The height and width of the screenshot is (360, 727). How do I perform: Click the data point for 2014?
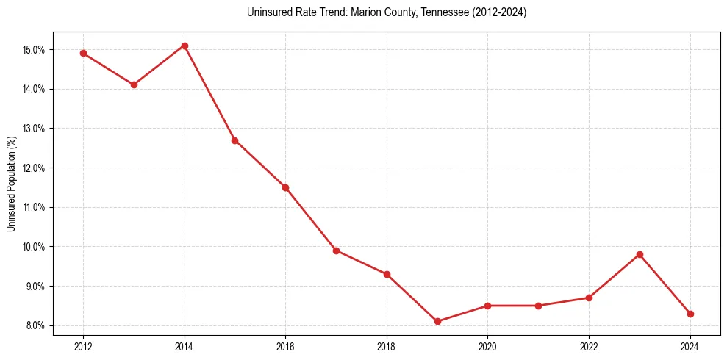[185, 46]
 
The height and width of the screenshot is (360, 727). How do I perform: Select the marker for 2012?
[83, 53]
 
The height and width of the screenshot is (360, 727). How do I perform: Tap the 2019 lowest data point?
[437, 321]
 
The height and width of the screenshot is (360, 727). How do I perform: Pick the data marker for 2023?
[640, 254]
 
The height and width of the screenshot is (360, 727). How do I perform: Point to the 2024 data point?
[690, 314]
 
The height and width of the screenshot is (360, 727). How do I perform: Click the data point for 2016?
[285, 187]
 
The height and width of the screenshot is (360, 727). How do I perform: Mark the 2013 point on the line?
[134, 84]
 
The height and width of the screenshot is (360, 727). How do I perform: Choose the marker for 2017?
[336, 251]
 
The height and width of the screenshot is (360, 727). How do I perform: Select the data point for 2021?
[538, 306]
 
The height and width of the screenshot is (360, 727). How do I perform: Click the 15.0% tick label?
[35, 50]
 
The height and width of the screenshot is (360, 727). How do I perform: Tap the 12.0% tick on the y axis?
[35, 168]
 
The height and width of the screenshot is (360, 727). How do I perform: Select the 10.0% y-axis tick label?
[35, 247]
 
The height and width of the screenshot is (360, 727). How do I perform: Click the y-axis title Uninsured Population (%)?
[12, 184]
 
